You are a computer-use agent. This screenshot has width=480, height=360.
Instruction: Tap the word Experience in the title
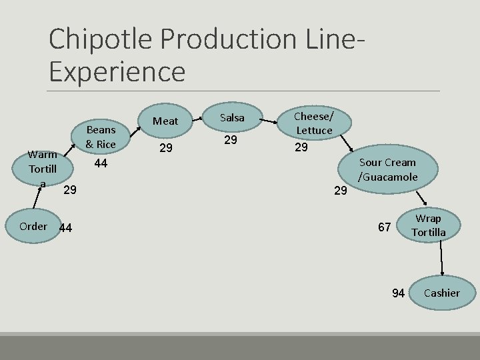tap(117, 71)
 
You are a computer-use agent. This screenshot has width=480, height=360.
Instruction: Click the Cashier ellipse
tap(441, 293)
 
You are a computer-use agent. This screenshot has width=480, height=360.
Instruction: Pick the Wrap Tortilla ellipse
tap(428, 225)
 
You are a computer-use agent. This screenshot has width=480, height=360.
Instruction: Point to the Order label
tap(33, 226)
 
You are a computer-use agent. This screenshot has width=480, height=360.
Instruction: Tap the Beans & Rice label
tap(101, 137)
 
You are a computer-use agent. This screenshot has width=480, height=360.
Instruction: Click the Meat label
tap(166, 121)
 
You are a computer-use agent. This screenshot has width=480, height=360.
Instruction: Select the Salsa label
tap(232, 117)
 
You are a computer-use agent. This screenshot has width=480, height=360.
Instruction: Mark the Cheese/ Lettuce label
tap(314, 123)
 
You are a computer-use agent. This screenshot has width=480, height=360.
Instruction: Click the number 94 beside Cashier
tap(398, 293)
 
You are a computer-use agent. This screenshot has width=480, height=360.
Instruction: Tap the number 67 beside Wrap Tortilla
tap(385, 227)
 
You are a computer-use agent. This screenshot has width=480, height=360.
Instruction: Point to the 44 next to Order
tap(65, 229)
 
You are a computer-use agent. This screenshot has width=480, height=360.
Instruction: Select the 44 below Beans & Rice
tap(101, 163)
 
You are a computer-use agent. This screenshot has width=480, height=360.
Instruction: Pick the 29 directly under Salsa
tap(231, 140)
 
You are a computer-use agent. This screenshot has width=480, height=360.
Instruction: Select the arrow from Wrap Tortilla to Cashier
tap(441, 260)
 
